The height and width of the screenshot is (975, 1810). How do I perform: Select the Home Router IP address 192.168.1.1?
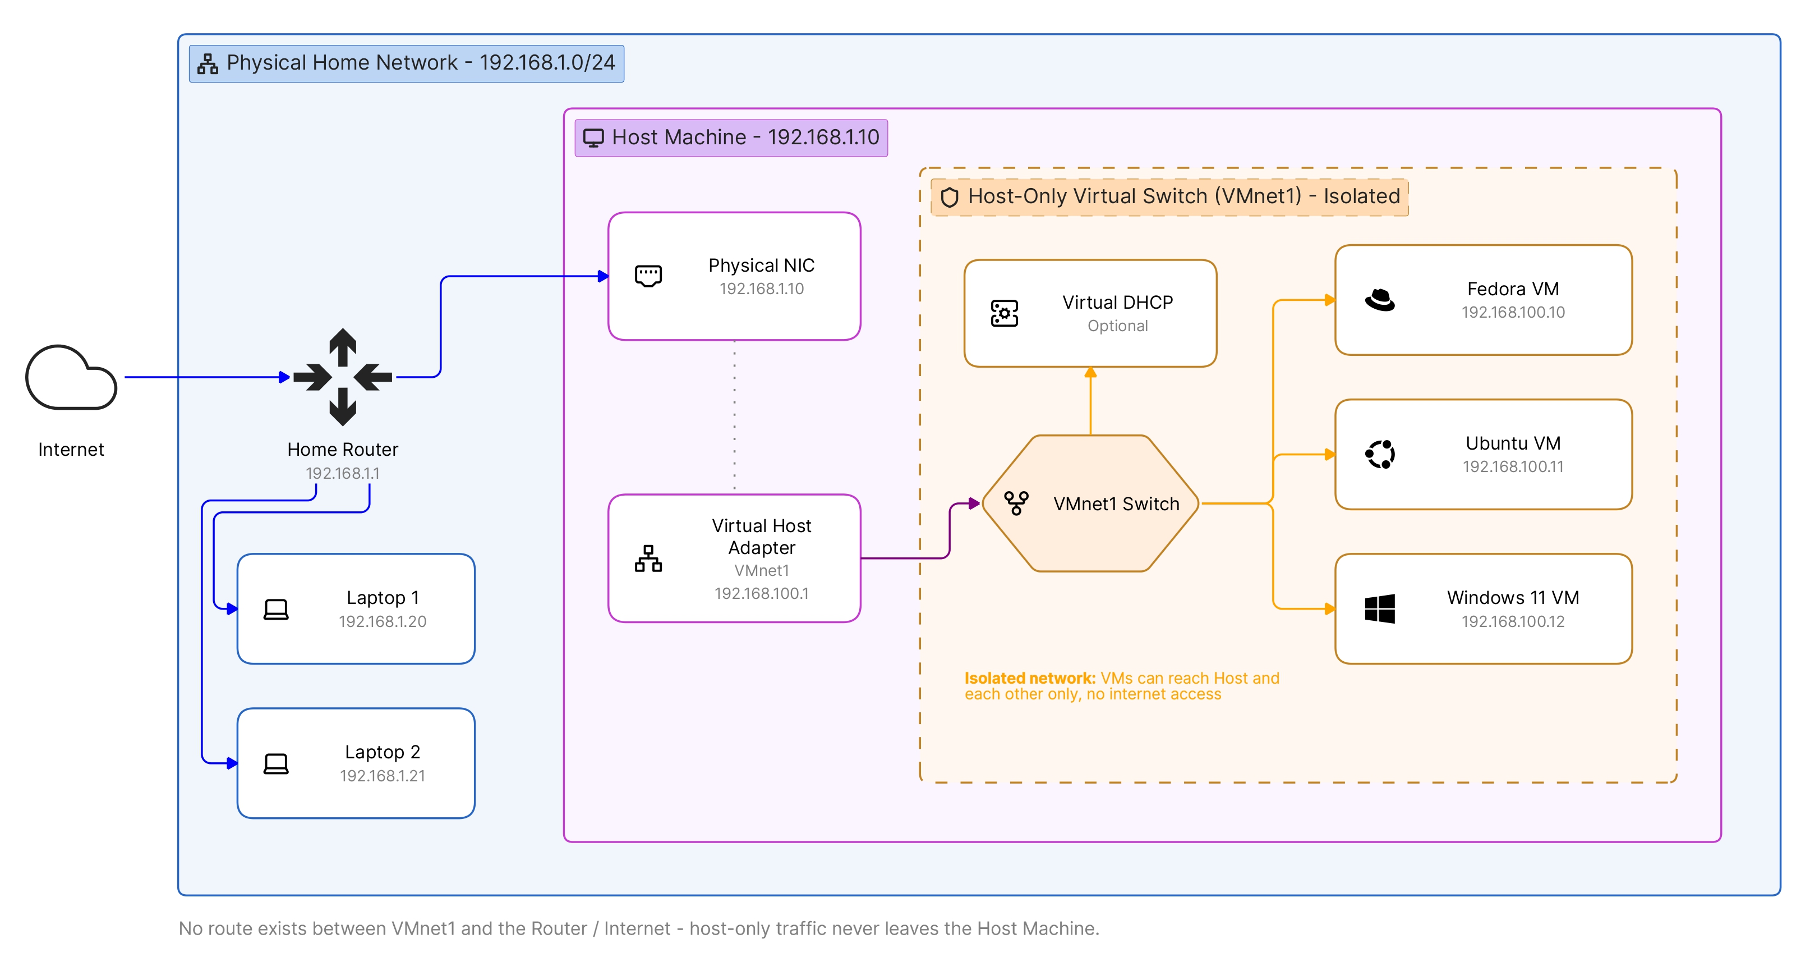point(343,473)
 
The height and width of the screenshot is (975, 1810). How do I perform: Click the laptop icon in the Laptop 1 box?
point(276,609)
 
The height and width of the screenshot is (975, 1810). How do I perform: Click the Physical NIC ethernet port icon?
point(648,276)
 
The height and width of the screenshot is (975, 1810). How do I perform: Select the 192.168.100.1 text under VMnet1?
point(762,593)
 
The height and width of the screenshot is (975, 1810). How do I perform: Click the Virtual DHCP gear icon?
point(1005,314)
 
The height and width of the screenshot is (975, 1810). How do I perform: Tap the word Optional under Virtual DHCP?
point(1118,326)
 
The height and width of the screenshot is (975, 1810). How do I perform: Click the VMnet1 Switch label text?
point(1117,504)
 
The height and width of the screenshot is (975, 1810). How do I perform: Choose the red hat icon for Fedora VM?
point(1380,300)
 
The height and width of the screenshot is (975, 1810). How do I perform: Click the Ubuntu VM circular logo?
point(1380,454)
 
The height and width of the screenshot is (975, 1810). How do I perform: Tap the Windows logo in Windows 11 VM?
point(1380,609)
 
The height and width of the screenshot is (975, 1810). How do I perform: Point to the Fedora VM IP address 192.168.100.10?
point(1513,312)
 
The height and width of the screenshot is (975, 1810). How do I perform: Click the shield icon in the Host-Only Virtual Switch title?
point(949,197)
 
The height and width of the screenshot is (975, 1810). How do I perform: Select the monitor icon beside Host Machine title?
point(594,138)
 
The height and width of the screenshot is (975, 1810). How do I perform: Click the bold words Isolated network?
point(1030,679)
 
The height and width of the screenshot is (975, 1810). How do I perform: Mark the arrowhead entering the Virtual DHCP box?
point(1090,373)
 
